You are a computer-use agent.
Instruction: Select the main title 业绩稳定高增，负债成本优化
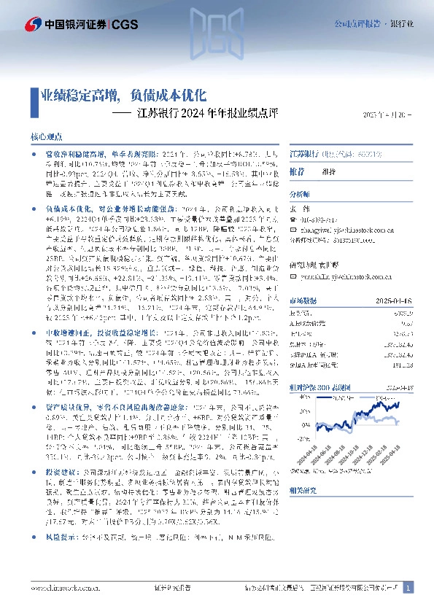click(x=124, y=95)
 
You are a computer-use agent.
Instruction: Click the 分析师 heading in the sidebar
click(x=300, y=195)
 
